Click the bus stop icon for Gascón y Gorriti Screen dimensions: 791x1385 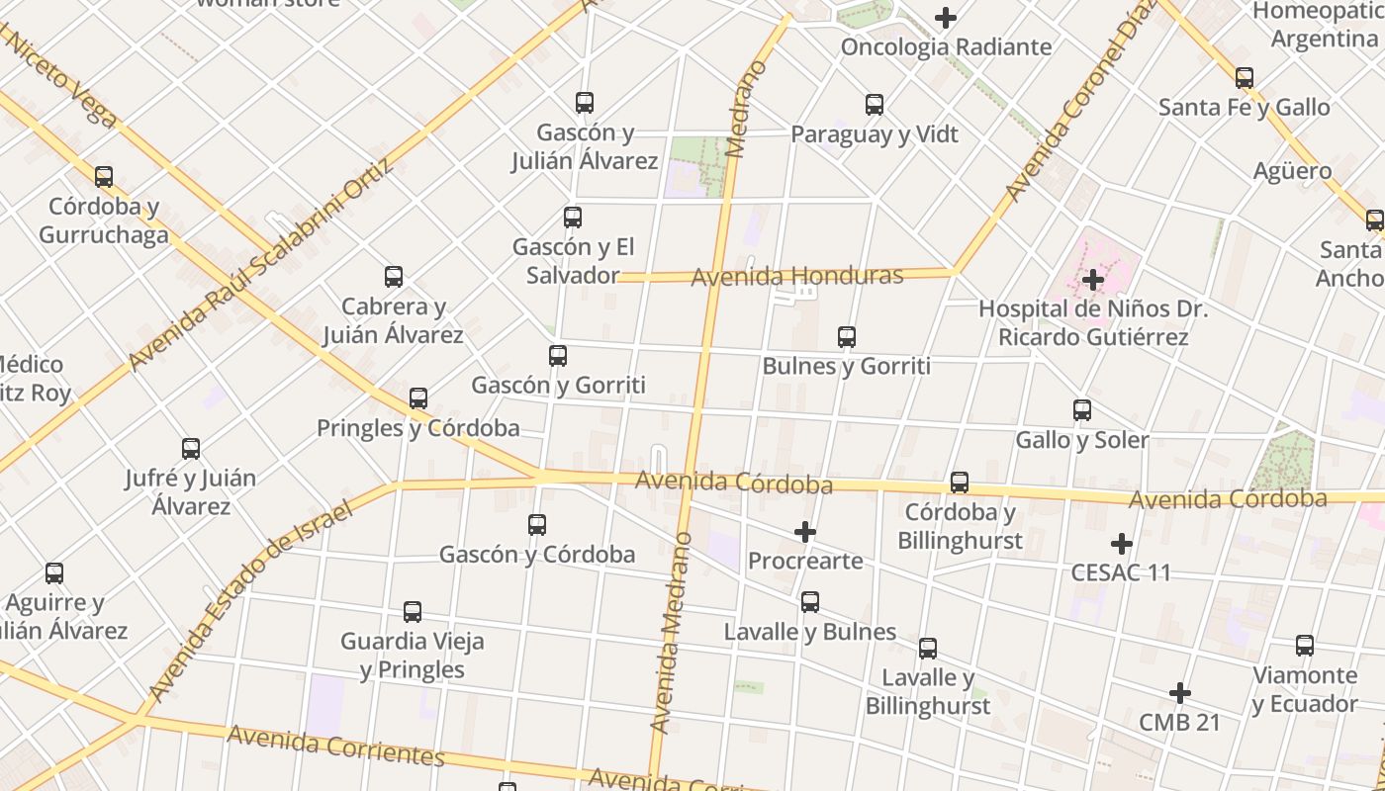(558, 356)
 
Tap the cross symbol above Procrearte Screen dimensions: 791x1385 (805, 532)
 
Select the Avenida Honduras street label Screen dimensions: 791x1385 (797, 276)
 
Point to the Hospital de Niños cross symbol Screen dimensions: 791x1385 (1092, 280)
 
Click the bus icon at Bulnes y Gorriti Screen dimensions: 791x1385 (846, 337)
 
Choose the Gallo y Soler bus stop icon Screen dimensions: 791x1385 (1082, 410)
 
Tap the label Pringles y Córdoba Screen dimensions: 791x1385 (417, 428)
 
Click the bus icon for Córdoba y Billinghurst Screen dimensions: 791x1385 (959, 483)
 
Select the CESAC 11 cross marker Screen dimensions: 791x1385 (1121, 544)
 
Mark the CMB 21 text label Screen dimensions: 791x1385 (1179, 723)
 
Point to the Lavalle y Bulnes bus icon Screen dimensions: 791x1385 (810, 602)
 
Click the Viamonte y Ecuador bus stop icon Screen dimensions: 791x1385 (1305, 647)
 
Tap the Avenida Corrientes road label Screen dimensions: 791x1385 (336, 747)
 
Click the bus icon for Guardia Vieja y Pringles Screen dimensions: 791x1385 (413, 612)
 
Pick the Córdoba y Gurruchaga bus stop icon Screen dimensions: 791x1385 (104, 178)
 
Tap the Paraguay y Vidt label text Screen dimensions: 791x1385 (875, 134)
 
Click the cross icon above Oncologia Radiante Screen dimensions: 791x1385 (946, 18)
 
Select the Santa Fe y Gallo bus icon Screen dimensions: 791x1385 (1245, 78)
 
